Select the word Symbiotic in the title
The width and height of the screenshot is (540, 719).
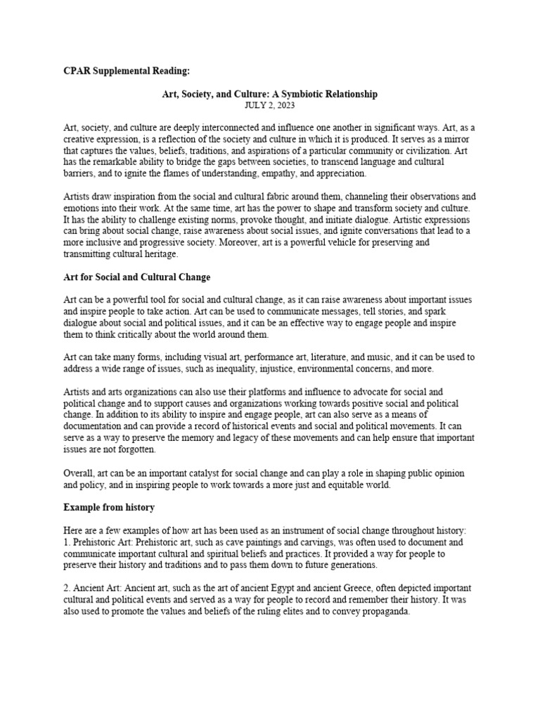click(x=313, y=94)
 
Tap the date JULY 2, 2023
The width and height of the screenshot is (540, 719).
click(x=270, y=105)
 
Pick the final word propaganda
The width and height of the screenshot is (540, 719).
click(x=383, y=610)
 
